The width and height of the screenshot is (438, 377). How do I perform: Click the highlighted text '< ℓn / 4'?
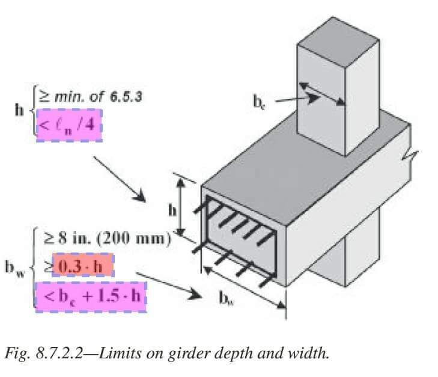pos(70,126)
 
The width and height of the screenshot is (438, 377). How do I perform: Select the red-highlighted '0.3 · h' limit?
pos(83,266)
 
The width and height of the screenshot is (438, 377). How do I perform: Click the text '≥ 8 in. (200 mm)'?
pos(105,238)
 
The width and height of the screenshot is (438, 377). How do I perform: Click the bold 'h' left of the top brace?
pos(19,111)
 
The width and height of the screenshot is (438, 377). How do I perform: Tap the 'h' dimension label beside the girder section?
pos(172,210)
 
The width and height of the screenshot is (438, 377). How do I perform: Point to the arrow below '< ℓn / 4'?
pos(120,178)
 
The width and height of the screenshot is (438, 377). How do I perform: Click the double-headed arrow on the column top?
pos(323,93)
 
